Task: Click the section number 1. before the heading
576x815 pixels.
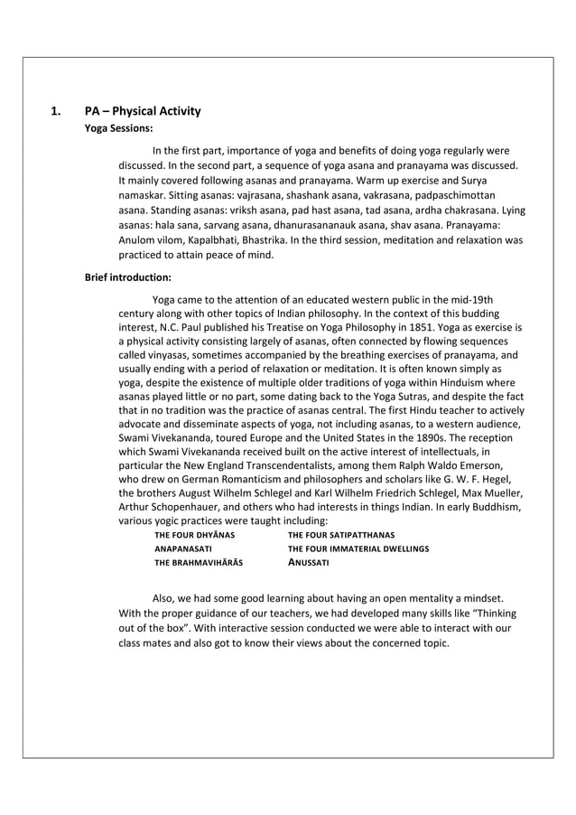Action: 55,112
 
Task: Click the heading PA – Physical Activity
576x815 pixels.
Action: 143,112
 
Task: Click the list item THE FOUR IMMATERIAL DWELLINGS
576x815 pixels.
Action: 358,548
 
